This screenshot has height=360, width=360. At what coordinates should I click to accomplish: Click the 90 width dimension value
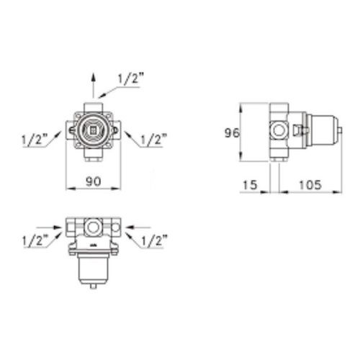pos(94,181)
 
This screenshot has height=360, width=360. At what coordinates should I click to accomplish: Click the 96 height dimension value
pos(232,133)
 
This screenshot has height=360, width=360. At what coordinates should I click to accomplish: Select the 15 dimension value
pos(250,185)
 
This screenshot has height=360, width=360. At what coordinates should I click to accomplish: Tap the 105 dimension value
pos(310,185)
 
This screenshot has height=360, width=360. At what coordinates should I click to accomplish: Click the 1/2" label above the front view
pos(130,78)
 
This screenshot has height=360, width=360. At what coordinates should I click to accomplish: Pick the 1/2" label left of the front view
pos(35,140)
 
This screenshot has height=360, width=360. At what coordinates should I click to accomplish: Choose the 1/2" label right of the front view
pos(154,140)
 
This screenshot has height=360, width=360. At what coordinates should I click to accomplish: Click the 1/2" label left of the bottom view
pos(35,240)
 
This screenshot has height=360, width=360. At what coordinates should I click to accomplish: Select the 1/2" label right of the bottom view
pos(154,240)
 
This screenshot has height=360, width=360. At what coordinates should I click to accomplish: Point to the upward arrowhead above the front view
pos(94,78)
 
